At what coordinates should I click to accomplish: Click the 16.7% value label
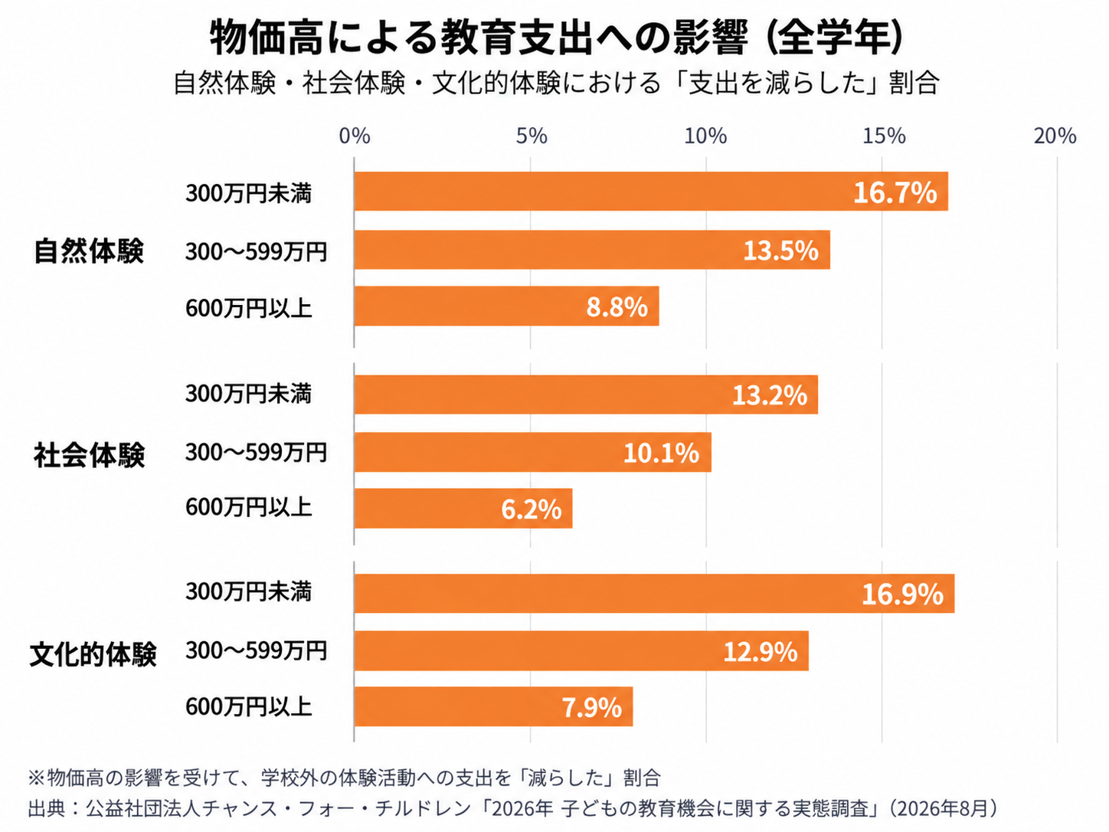coord(895,192)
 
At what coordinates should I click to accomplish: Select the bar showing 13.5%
coord(591,250)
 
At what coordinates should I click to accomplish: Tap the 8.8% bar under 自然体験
coord(506,306)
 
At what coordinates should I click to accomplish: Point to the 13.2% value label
coord(770,395)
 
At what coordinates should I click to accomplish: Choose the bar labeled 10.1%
coord(532,452)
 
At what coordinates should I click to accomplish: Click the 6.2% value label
coord(531,509)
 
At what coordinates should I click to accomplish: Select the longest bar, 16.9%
coord(654,594)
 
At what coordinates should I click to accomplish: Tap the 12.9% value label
coord(761,652)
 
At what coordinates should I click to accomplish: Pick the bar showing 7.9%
coord(493,706)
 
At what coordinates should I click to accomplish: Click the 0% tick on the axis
coord(355,136)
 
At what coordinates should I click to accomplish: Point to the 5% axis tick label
coord(531,136)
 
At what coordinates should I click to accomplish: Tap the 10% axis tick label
coord(705,136)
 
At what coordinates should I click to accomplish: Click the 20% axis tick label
coord(1055,136)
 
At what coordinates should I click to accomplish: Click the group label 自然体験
coord(89,251)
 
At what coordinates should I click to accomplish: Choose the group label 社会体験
coord(89,454)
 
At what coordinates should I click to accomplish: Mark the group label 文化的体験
coord(93,655)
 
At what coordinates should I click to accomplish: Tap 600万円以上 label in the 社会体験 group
coord(249,507)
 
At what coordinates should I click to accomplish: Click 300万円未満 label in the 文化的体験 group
coord(249,592)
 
